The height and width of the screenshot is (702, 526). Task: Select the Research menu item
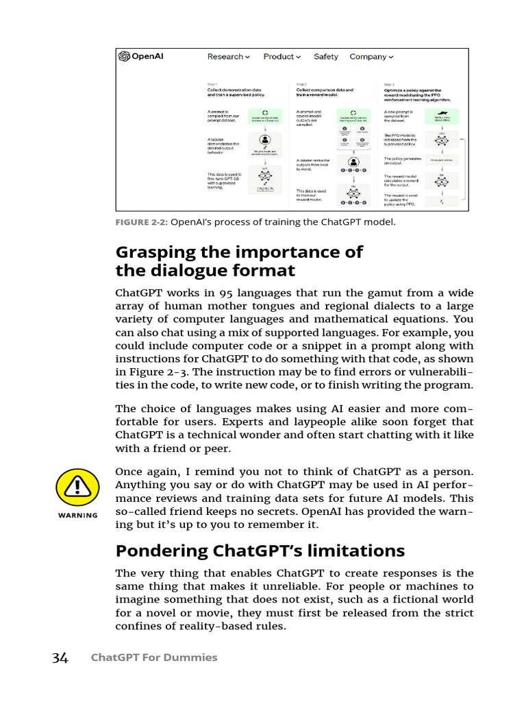tap(229, 57)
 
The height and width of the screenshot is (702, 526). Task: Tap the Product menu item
tap(281, 57)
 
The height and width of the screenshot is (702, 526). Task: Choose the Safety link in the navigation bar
tap(326, 57)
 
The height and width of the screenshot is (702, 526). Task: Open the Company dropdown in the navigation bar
tap(372, 57)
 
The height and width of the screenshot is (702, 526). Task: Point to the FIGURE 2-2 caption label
tap(141, 222)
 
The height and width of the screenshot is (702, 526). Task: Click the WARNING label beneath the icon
tap(77, 516)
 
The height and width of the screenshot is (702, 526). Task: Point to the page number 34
tap(60, 658)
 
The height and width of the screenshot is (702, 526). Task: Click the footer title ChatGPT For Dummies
tap(154, 657)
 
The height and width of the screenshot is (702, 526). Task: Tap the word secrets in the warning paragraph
tap(258, 511)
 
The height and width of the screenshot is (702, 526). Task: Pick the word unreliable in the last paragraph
tap(275, 586)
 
